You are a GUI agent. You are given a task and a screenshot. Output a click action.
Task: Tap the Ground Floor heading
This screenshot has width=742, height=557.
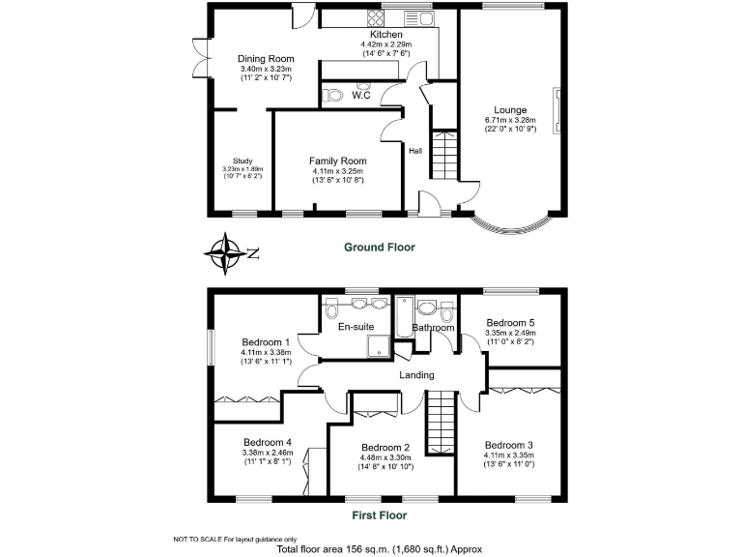pos(380,248)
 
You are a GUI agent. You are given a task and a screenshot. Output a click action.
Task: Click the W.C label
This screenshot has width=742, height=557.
pos(362,96)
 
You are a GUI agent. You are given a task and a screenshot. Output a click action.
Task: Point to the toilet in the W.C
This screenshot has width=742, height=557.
pos(334,95)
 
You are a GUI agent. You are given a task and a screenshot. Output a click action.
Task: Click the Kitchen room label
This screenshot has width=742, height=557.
pos(381,35)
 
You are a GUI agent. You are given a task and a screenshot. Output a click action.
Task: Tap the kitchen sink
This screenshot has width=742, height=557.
pos(418,17)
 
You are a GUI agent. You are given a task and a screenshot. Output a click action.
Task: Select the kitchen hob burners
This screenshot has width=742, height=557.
pos(375,17)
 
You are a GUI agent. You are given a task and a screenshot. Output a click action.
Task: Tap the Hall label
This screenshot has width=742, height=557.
pos(415,151)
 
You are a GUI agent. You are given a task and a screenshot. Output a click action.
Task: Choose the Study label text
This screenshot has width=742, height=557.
pos(242,161)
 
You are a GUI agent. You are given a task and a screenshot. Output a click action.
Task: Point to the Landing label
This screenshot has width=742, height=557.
pos(416,375)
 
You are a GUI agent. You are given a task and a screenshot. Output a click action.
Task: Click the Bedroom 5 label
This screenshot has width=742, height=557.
pos(510,323)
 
